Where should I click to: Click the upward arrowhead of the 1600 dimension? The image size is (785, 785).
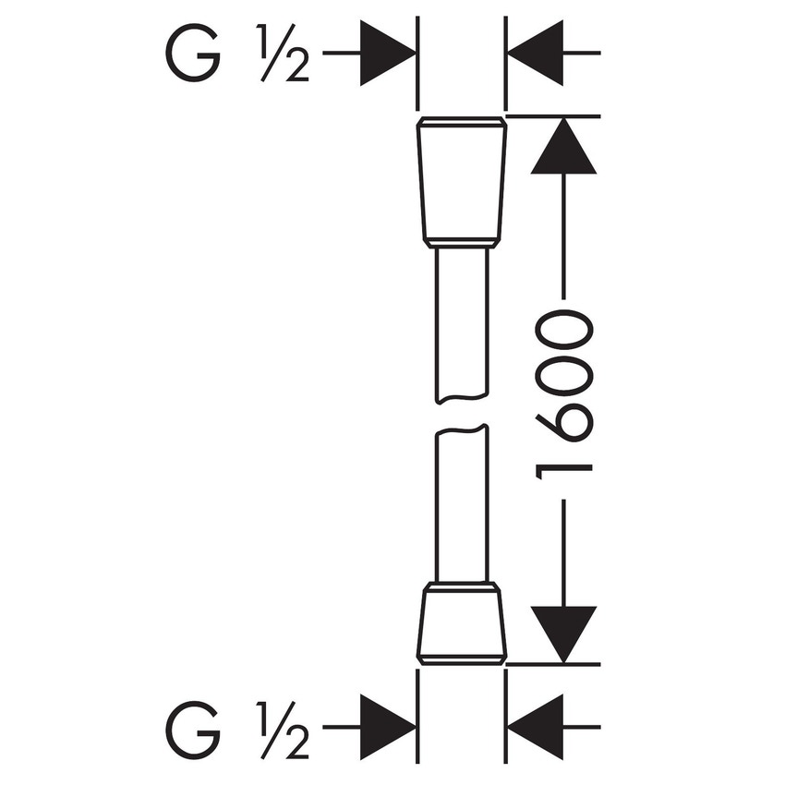point(563,148)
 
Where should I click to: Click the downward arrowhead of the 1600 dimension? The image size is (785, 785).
point(563,634)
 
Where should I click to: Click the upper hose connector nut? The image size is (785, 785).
point(462,180)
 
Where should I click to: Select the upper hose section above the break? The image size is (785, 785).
point(462,323)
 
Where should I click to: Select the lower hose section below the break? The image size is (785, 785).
point(462,503)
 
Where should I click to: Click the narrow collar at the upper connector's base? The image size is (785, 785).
point(462,243)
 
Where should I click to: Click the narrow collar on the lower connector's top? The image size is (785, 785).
point(462,586)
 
